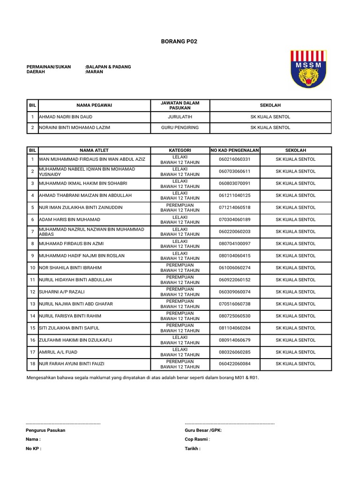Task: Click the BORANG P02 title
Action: (x=180, y=41)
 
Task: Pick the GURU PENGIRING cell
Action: (x=180, y=127)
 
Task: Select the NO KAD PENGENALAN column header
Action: (x=234, y=150)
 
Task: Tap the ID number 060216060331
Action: (x=234, y=159)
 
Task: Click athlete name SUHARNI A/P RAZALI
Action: (x=62, y=292)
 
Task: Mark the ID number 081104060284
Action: (x=234, y=328)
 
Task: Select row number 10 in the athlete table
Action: (x=32, y=268)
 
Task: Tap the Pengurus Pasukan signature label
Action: (x=45, y=430)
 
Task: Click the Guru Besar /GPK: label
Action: (x=203, y=430)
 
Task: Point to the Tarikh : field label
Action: (x=193, y=449)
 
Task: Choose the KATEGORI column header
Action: (x=180, y=150)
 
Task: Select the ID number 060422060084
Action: (x=234, y=364)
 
